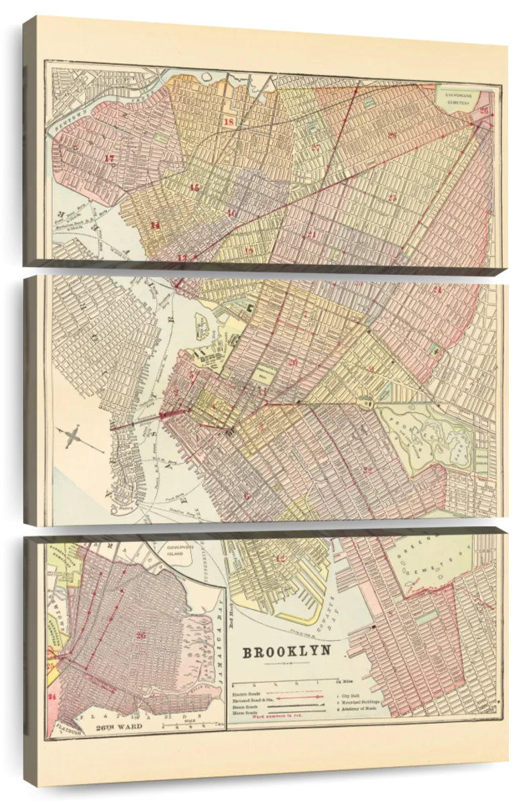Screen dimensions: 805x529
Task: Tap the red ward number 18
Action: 229,122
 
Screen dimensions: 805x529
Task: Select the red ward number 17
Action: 110,158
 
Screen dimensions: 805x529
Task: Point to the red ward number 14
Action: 156,225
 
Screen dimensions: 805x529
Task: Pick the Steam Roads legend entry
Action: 247,705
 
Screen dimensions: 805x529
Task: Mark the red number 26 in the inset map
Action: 140,635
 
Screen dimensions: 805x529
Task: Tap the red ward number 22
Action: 367,470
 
